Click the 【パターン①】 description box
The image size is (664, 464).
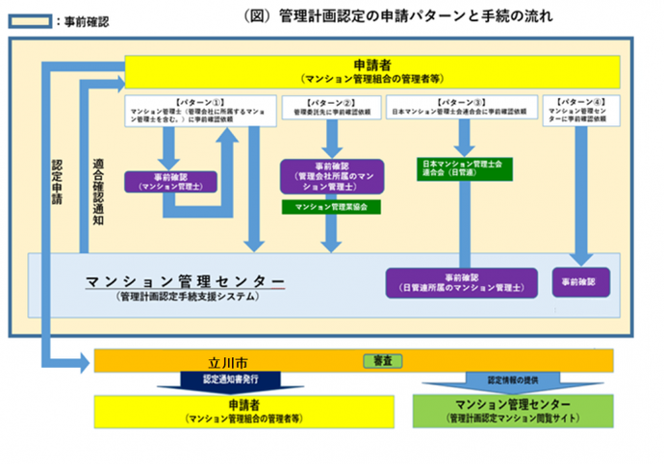198,112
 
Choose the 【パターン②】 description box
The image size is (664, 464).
331,106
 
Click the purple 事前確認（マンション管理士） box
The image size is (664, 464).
171,182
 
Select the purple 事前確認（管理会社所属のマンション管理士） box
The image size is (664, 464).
331,177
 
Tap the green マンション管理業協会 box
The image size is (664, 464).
331,206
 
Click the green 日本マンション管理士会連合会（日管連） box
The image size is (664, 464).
463,169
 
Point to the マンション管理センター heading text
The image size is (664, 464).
185,280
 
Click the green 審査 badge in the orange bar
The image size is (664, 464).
383,361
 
